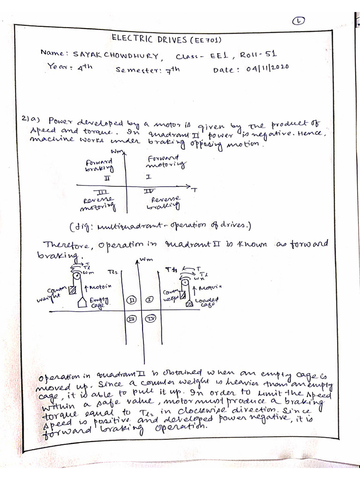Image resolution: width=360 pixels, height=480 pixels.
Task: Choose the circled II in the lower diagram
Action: coord(131,299)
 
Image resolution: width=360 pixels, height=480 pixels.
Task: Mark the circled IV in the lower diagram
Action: coord(151,318)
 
